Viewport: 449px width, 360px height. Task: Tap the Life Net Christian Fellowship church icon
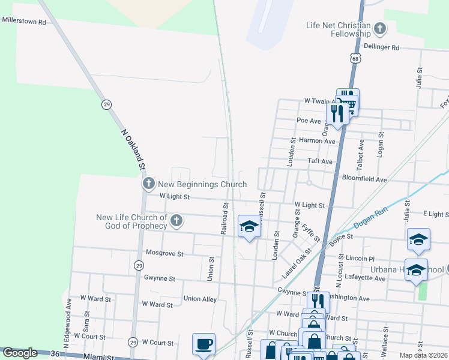[379, 28]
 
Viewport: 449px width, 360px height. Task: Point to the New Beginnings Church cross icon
[148, 184]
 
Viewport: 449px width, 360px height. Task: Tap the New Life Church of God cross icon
[176, 221]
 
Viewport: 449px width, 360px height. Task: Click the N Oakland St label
[134, 149]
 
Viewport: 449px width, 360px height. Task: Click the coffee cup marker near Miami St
[203, 344]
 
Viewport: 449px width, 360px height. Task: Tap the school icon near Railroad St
[249, 226]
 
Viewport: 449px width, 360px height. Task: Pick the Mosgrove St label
[164, 254]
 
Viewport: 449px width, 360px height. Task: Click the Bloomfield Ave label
[364, 179]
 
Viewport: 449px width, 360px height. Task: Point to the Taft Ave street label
[320, 161]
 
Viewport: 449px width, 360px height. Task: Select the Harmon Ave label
[316, 141]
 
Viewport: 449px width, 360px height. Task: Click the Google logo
[19, 353]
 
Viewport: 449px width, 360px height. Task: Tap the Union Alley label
[200, 298]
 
